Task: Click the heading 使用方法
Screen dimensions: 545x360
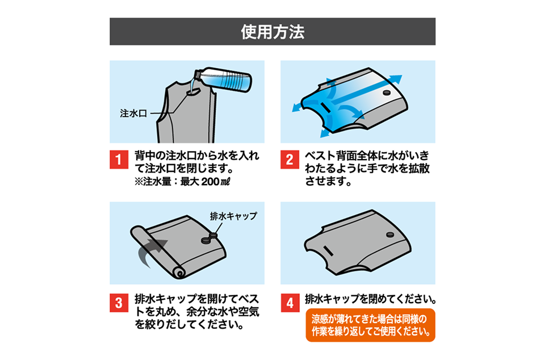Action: pyautogui.click(x=272, y=32)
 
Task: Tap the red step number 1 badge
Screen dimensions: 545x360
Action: pyautogui.click(x=119, y=160)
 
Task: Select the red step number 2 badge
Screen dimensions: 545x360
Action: pyautogui.click(x=290, y=160)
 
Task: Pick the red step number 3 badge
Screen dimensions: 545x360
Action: pyautogui.click(x=119, y=303)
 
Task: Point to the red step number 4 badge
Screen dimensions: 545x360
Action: pyautogui.click(x=290, y=303)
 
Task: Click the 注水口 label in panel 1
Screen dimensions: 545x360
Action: pyautogui.click(x=133, y=114)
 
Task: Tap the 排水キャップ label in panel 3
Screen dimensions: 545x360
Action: pyautogui.click(x=233, y=216)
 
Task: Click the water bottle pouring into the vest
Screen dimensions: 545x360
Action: pyautogui.click(x=223, y=79)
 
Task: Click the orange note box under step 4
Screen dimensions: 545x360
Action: pyautogui.click(x=371, y=325)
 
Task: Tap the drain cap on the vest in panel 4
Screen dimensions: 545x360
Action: pyautogui.click(x=390, y=235)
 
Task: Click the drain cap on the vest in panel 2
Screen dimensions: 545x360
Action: pyautogui.click(x=387, y=93)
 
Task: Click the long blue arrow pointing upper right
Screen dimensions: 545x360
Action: pyautogui.click(x=365, y=90)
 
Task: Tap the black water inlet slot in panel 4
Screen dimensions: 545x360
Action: pyautogui.click(x=329, y=250)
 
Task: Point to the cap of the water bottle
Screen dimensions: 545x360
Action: pyautogui.click(x=196, y=74)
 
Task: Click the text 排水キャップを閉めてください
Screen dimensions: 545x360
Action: pyautogui.click(x=371, y=299)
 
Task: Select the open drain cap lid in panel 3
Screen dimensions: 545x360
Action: pyautogui.click(x=213, y=235)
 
